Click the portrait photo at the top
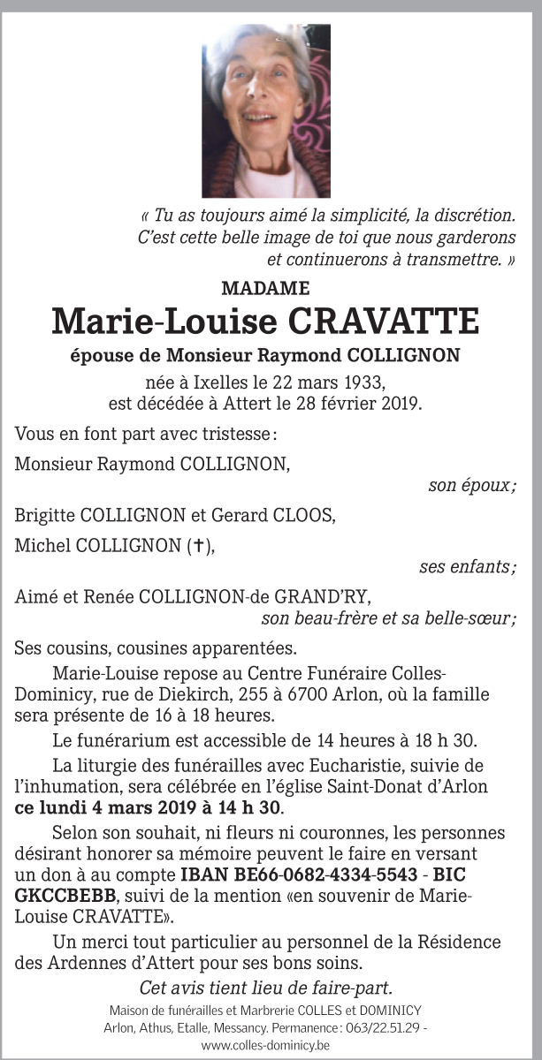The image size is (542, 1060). pos(266,110)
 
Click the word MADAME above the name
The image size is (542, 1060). pos(265,287)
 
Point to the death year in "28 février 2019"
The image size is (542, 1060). pos(401,404)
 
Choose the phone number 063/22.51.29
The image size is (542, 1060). pos(386,1029)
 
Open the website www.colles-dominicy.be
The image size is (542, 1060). pos(266,1046)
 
